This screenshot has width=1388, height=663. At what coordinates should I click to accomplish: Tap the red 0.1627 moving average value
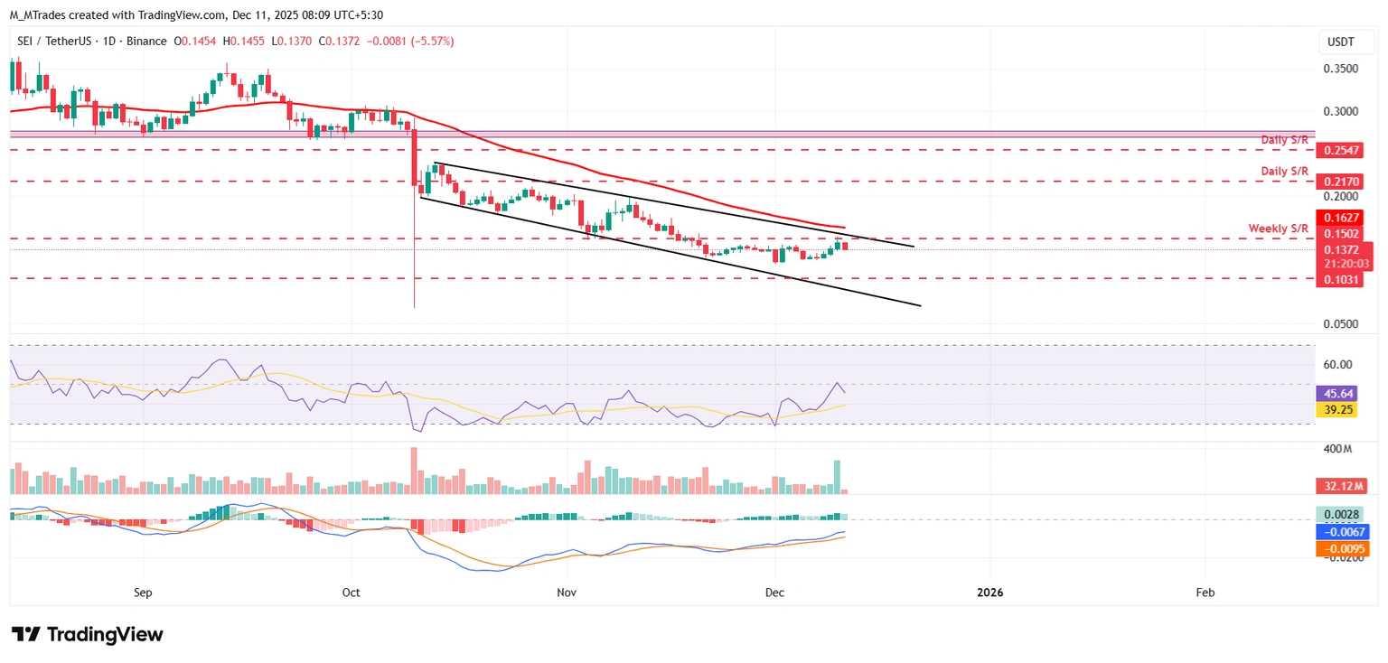click(1343, 218)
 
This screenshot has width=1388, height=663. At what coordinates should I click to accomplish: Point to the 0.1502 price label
click(1343, 234)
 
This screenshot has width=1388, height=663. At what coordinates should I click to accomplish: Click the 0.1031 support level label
click(1343, 280)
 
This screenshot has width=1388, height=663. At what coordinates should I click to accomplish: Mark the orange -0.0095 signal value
click(1343, 548)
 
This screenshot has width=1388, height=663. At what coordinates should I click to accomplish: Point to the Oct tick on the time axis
click(352, 593)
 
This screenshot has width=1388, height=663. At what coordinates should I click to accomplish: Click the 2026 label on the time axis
click(989, 593)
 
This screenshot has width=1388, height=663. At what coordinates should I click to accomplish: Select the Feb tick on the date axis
click(1205, 593)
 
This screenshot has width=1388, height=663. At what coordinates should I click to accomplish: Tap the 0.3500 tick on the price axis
click(1341, 69)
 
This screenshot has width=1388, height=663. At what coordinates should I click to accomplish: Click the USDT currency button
click(1339, 42)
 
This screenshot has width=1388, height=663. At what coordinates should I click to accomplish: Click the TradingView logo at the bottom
click(88, 634)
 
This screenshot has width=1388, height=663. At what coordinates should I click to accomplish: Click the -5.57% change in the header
click(431, 42)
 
